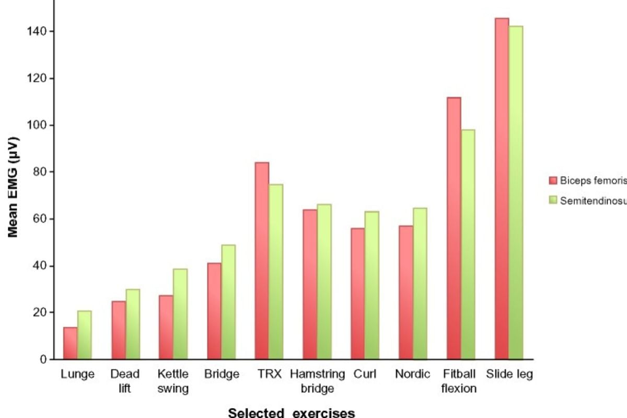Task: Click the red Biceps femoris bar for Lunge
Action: point(71,343)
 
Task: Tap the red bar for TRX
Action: point(262,261)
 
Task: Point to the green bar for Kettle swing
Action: point(180,314)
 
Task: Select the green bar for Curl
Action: point(372,285)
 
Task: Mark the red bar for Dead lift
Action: point(119,330)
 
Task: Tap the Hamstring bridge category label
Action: point(318,381)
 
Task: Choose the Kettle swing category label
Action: point(173,381)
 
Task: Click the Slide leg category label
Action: point(509,375)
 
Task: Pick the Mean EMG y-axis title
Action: point(14,187)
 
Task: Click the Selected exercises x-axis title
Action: point(292,413)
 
